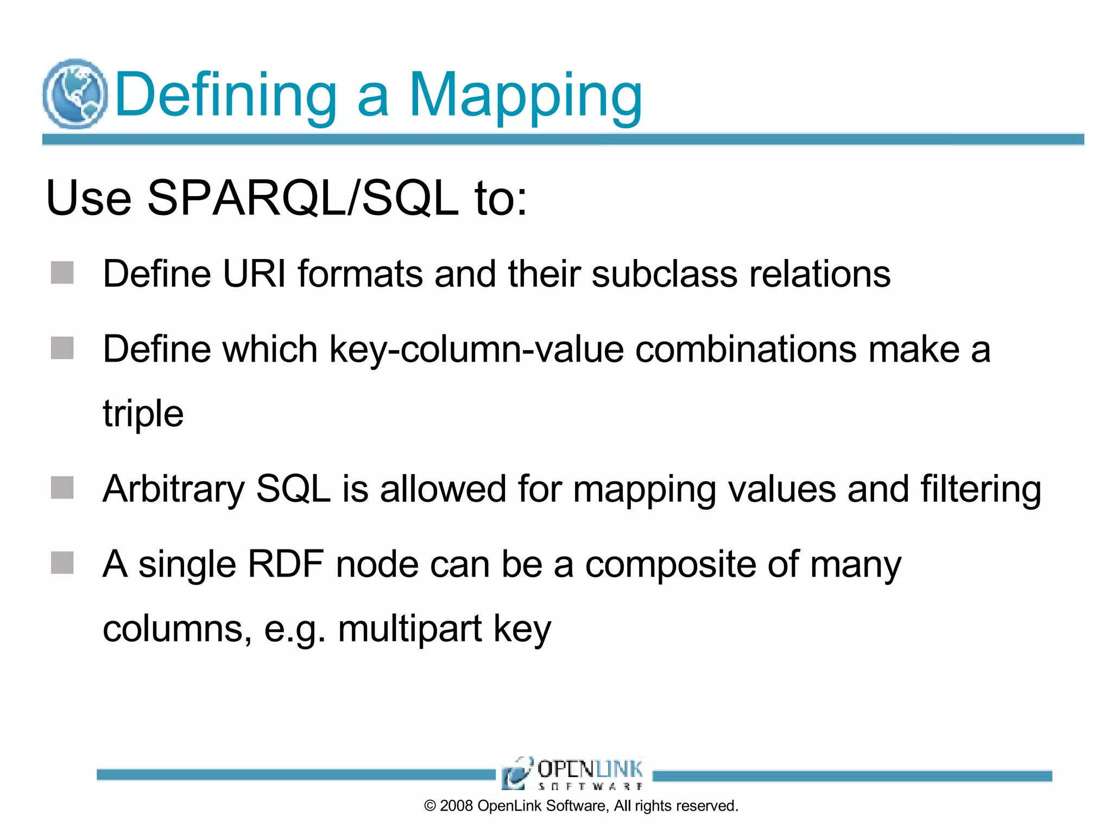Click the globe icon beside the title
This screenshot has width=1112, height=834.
click(75, 93)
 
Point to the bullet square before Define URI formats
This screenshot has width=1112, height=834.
click(62, 273)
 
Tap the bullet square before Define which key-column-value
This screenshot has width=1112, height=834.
click(62, 348)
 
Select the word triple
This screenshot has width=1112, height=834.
click(143, 414)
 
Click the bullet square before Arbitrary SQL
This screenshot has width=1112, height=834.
click(62, 488)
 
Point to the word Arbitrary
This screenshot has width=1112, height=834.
click(174, 490)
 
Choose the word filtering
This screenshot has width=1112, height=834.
click(981, 490)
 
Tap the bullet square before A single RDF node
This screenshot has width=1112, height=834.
click(62, 563)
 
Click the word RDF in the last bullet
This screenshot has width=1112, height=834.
click(286, 564)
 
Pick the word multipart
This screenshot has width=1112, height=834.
click(409, 629)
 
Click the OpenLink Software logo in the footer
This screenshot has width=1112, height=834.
click(573, 773)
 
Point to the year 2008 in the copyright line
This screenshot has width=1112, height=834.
click(457, 806)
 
